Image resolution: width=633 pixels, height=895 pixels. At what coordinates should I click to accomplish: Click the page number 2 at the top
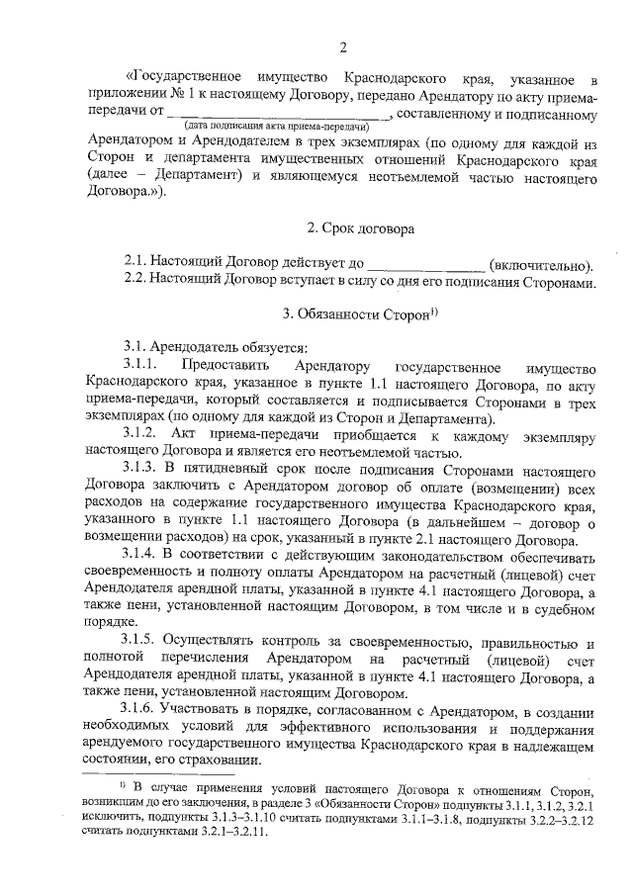[x=343, y=46]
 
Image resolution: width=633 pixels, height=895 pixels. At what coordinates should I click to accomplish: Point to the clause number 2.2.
[x=136, y=282]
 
